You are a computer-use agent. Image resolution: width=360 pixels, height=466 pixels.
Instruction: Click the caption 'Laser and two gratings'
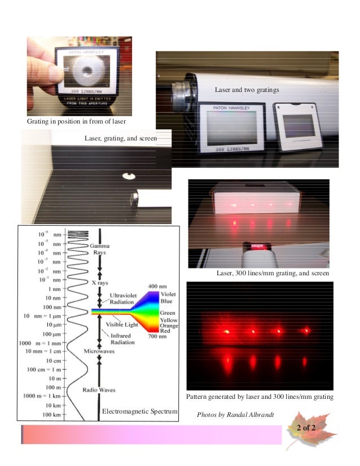(x=247, y=90)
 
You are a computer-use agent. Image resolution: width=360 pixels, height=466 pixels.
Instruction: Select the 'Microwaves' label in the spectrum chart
(x=100, y=351)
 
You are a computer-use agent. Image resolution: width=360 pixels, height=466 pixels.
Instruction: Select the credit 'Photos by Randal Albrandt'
(x=234, y=415)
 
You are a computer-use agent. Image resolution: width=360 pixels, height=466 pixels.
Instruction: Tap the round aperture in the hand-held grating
(x=87, y=70)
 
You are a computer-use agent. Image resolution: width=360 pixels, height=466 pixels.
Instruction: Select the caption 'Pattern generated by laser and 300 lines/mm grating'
(x=260, y=397)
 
